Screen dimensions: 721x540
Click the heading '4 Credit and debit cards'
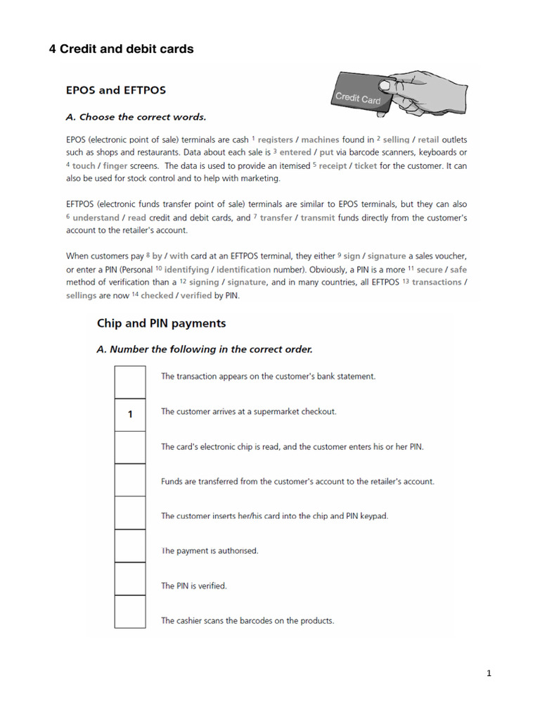click(121, 49)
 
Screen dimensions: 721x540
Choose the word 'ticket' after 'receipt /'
click(366, 165)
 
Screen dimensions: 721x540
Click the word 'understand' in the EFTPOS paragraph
click(96, 218)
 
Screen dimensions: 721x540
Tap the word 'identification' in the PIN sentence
click(244, 270)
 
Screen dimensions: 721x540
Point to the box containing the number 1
click(130, 415)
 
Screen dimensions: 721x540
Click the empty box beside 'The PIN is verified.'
click(130, 579)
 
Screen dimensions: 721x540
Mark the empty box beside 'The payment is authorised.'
click(130, 546)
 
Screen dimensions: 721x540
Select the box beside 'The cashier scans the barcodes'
click(130, 611)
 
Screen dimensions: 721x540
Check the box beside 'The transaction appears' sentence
click(130, 382)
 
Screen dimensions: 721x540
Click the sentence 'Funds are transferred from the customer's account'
click(297, 482)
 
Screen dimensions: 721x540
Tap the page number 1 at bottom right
click(489, 674)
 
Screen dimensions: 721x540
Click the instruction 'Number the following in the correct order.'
click(204, 349)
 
